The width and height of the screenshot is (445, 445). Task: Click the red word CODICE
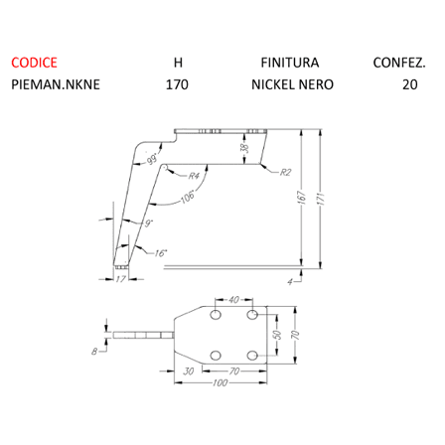click(34, 63)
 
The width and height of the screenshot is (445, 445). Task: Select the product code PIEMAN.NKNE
click(56, 84)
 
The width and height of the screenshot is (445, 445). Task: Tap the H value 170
click(177, 84)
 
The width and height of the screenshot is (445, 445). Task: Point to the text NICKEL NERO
click(292, 84)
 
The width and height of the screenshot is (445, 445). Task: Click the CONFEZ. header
click(399, 63)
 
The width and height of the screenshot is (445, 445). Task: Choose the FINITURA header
click(290, 63)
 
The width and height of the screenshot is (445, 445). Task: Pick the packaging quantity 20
click(410, 84)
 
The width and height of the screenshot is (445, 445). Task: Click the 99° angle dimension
click(153, 159)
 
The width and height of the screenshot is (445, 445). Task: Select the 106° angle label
click(188, 198)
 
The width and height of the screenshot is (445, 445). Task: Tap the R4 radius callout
click(194, 176)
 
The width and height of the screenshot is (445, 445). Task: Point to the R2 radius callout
click(285, 172)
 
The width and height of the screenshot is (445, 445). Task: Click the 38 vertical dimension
click(244, 148)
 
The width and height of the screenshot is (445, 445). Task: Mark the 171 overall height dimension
click(321, 199)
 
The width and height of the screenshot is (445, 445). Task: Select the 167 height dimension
click(302, 198)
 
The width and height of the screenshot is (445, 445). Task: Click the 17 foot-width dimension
click(121, 279)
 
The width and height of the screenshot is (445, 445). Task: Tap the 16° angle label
click(161, 253)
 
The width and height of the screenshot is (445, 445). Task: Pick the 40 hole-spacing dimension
click(233, 300)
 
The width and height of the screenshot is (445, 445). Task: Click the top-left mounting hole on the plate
click(216, 315)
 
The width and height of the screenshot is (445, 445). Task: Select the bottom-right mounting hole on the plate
click(252, 356)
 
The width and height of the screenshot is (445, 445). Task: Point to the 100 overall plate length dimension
click(221, 382)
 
